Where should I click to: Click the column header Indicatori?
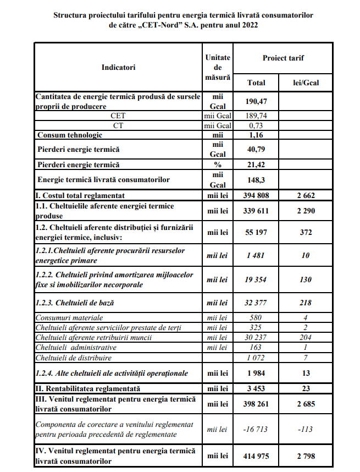click(118, 67)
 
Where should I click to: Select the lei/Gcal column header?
click(306, 83)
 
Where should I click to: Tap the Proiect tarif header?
click(283, 58)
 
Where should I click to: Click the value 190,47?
click(256, 102)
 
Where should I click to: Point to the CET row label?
click(118, 116)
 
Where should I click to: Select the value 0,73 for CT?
click(256, 125)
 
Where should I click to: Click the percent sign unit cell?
click(218, 164)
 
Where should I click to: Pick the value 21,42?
click(256, 164)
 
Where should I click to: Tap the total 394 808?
click(256, 195)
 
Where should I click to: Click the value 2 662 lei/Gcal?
click(306, 195)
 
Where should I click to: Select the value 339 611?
click(256, 211)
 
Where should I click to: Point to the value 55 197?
click(256, 233)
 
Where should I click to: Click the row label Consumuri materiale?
click(69, 317)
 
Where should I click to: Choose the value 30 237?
click(256, 337)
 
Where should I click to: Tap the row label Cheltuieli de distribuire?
click(74, 358)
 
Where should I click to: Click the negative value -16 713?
click(256, 429)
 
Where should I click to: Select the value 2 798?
click(306, 456)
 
